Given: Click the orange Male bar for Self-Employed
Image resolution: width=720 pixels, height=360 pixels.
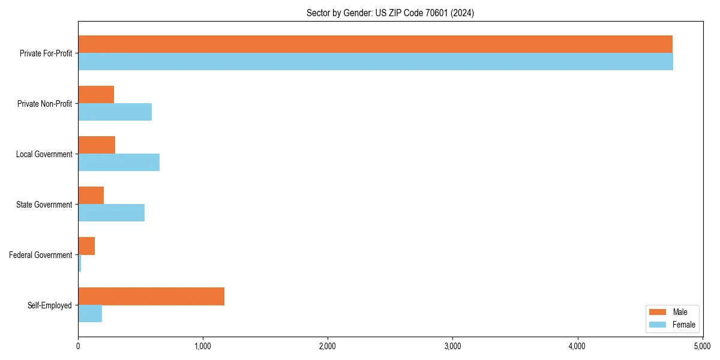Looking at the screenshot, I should (x=151, y=296).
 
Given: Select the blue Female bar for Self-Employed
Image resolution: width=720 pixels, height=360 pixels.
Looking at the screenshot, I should (x=90, y=314).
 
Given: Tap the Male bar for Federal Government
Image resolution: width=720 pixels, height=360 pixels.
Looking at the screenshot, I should (x=86, y=246).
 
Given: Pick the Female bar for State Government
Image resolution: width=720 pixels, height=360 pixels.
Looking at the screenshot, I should (x=111, y=213).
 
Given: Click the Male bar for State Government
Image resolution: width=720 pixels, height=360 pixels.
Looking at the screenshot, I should (x=91, y=196).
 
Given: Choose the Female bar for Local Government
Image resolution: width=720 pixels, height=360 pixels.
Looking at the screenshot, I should (x=119, y=163).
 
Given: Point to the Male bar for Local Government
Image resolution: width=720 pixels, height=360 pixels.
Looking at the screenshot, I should (x=97, y=145).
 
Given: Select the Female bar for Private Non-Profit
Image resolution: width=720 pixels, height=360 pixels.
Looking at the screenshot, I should (x=115, y=112).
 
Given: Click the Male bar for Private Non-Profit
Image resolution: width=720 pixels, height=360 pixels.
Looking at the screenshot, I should (x=96, y=95).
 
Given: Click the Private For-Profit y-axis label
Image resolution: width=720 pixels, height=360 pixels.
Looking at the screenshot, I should (x=46, y=53).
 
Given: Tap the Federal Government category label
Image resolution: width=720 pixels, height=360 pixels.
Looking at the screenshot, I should (x=41, y=255).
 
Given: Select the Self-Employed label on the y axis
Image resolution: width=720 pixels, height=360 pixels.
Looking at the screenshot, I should (x=50, y=305).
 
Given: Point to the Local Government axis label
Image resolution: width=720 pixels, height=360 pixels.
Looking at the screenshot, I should (x=44, y=154).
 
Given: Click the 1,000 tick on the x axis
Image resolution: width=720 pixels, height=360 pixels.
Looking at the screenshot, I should (x=203, y=346).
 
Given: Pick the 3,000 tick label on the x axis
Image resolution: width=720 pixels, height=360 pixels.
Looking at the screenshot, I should (x=452, y=346).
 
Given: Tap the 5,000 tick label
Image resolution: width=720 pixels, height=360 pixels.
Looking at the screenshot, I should (x=702, y=346).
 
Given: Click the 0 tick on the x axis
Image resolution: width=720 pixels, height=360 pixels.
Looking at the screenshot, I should (x=78, y=346).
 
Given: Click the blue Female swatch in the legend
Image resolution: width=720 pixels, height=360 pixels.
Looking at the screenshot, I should (x=658, y=325).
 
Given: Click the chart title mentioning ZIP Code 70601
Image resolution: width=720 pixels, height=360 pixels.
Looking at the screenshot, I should (x=390, y=13).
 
